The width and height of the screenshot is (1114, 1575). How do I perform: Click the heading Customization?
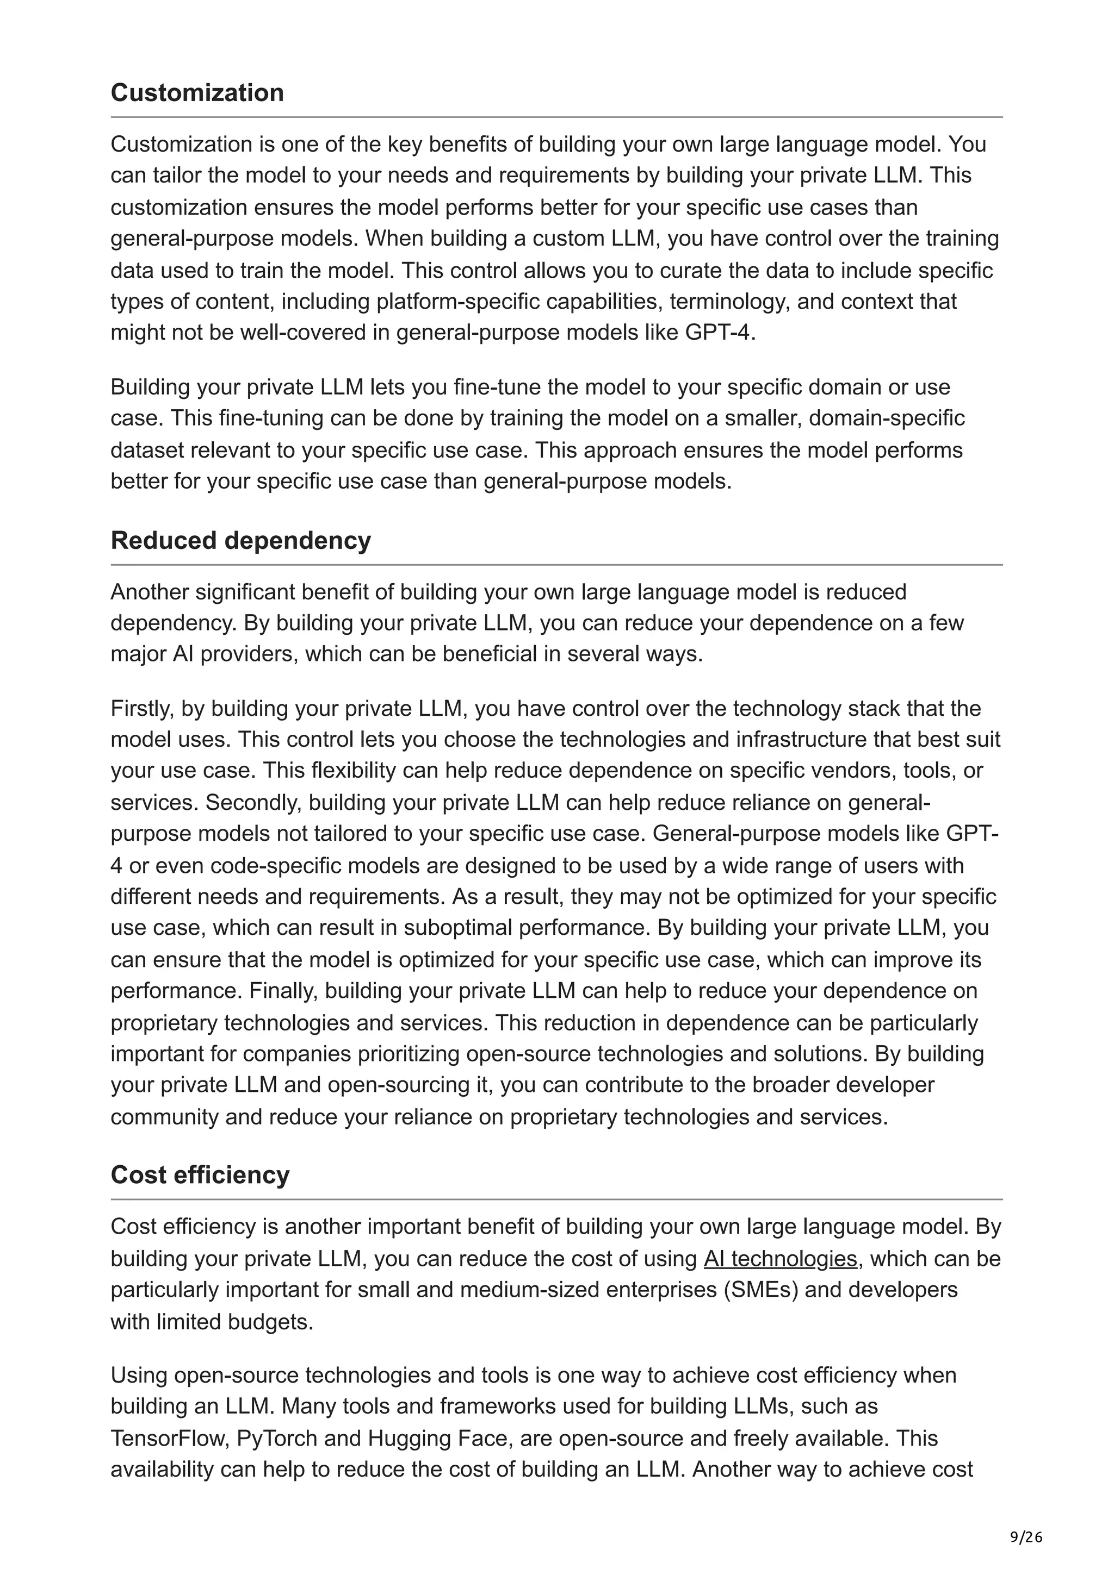pyautogui.click(x=197, y=92)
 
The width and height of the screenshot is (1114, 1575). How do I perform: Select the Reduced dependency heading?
pyautogui.click(x=240, y=541)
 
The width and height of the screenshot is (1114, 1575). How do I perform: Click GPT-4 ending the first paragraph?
pyautogui.click(x=719, y=333)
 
